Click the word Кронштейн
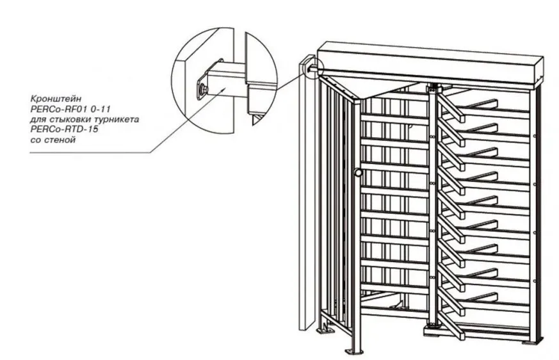click(x=56, y=98)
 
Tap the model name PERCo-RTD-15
click(x=64, y=129)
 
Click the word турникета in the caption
click(x=118, y=119)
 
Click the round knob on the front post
click(x=359, y=173)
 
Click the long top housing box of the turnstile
click(x=430, y=64)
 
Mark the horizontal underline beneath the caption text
click(x=90, y=152)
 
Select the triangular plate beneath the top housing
click(x=371, y=85)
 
